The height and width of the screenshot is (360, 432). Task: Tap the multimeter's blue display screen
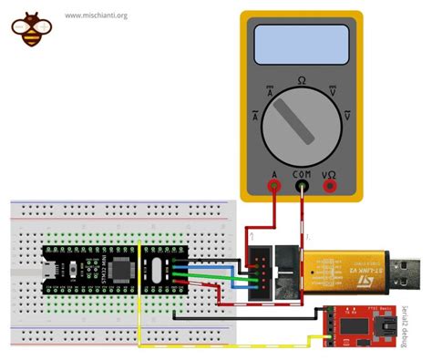point(302,43)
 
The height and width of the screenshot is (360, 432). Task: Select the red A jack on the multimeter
point(273,186)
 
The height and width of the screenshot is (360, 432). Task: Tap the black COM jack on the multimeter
point(301,186)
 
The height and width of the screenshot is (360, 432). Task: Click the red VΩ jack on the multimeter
point(329,186)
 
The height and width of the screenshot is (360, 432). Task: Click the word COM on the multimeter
point(301,173)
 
